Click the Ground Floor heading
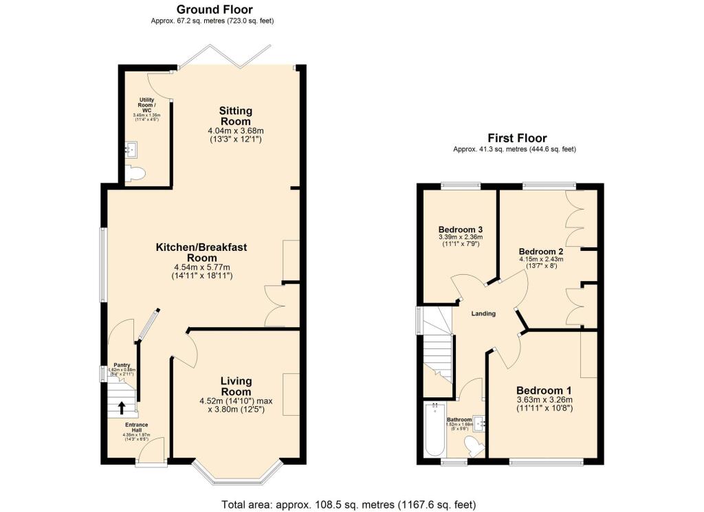click(214, 10)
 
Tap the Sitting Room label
click(236, 115)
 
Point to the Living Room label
click(236, 386)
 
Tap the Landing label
click(483, 313)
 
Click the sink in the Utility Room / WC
click(131, 148)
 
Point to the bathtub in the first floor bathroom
click(434, 431)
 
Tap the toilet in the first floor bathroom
click(474, 448)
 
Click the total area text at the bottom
click(349, 504)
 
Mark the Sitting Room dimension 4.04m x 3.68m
click(236, 131)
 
